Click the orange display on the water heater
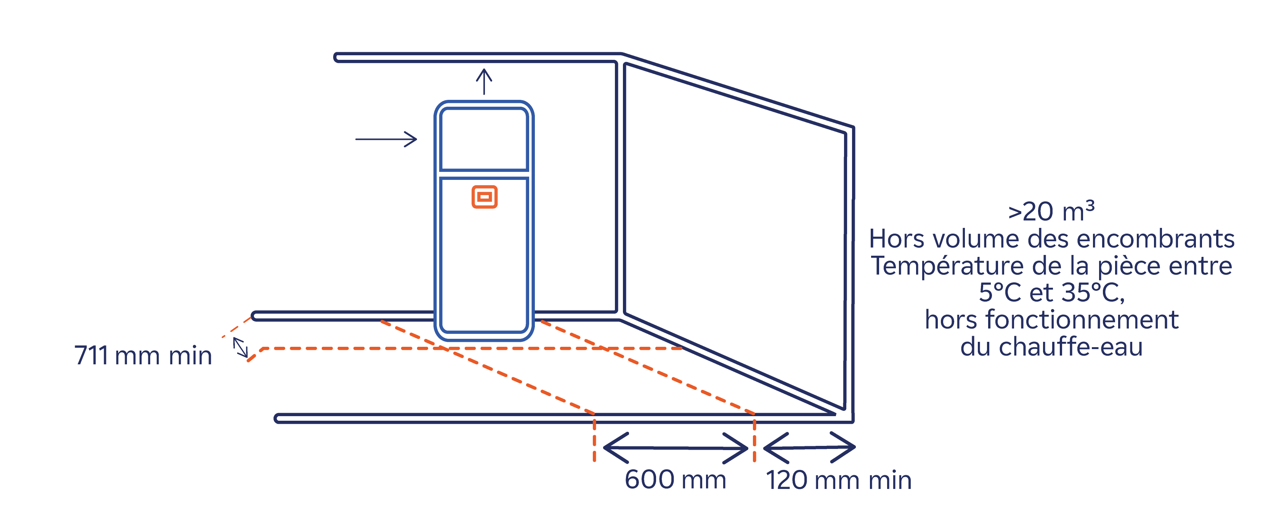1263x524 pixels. (485, 197)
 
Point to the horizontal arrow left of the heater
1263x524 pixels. (386, 139)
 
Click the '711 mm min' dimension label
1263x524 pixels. (143, 356)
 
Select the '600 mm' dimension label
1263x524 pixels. (675, 479)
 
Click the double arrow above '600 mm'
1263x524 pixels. (675, 447)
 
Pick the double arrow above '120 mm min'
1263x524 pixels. (809, 447)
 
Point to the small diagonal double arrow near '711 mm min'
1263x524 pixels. (240, 347)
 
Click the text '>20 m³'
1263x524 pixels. (1051, 212)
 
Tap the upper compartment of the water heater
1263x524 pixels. (484, 139)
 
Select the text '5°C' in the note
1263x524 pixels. (1000, 293)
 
